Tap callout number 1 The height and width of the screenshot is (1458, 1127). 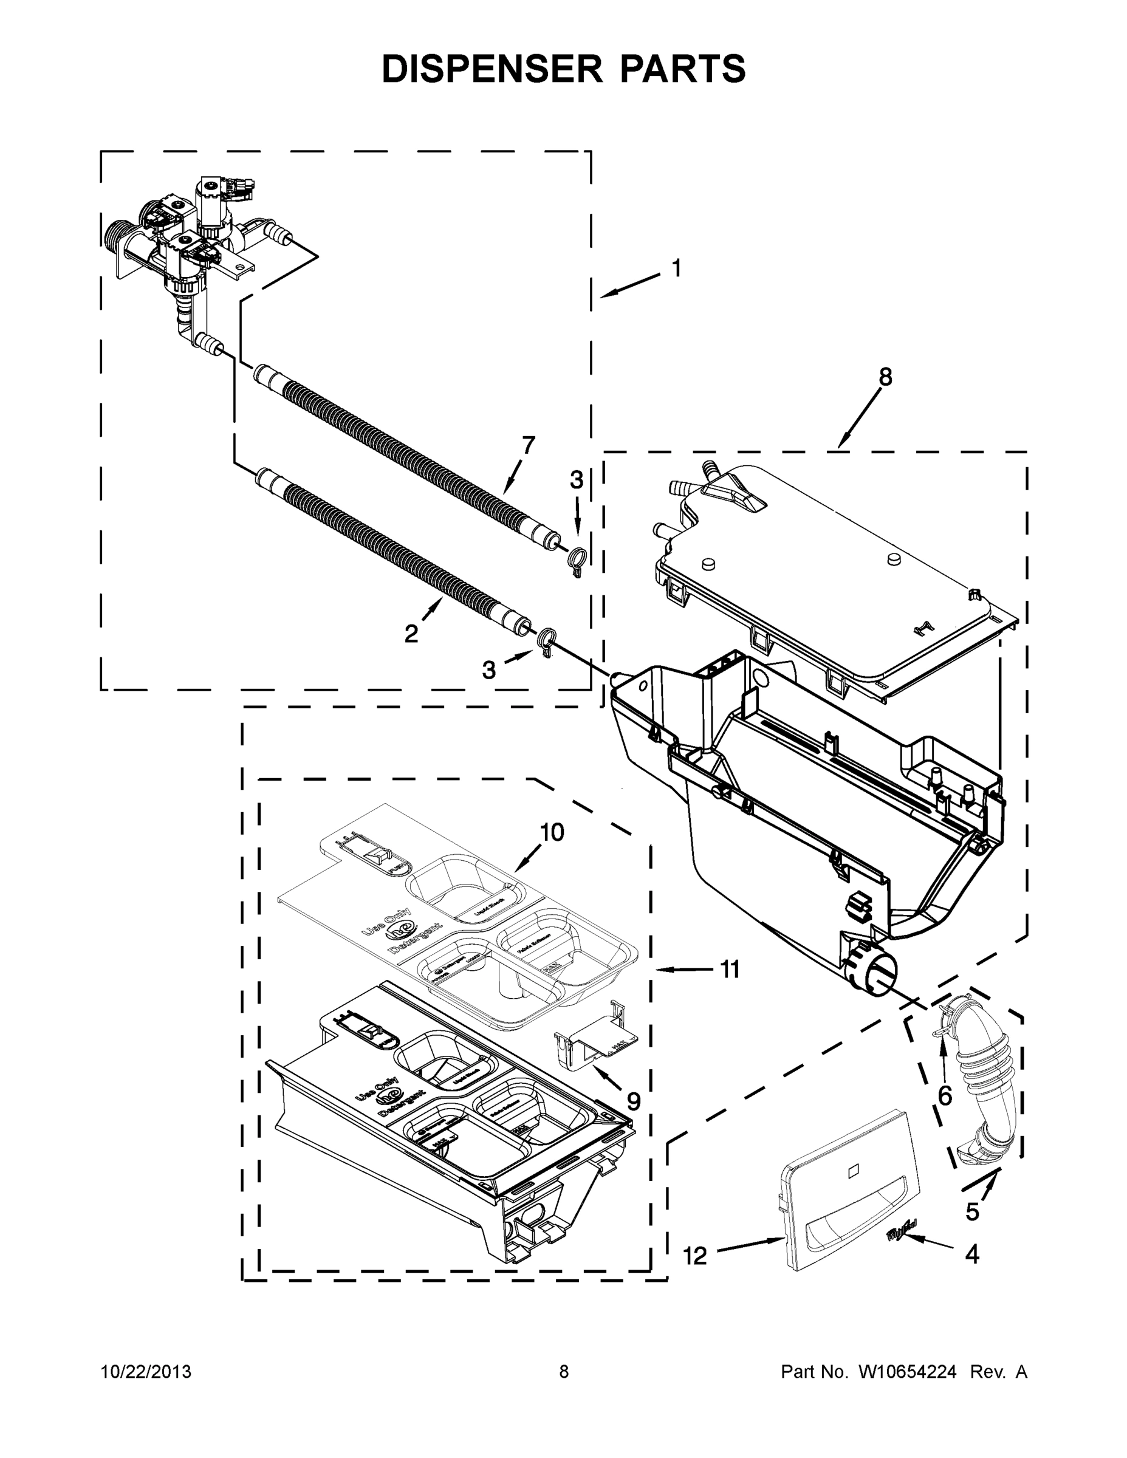point(676,269)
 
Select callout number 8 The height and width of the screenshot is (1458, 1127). point(885,377)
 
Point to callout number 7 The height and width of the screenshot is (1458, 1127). point(528,445)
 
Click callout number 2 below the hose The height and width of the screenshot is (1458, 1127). point(411,633)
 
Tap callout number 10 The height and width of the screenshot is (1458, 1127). point(552,832)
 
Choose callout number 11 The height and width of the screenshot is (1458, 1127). point(730,969)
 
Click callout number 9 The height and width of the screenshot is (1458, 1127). point(633,1101)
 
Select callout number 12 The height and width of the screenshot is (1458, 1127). point(695,1256)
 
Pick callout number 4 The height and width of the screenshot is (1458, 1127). point(972,1254)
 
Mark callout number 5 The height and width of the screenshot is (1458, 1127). point(972,1210)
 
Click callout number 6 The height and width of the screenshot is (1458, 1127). point(945,1095)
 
